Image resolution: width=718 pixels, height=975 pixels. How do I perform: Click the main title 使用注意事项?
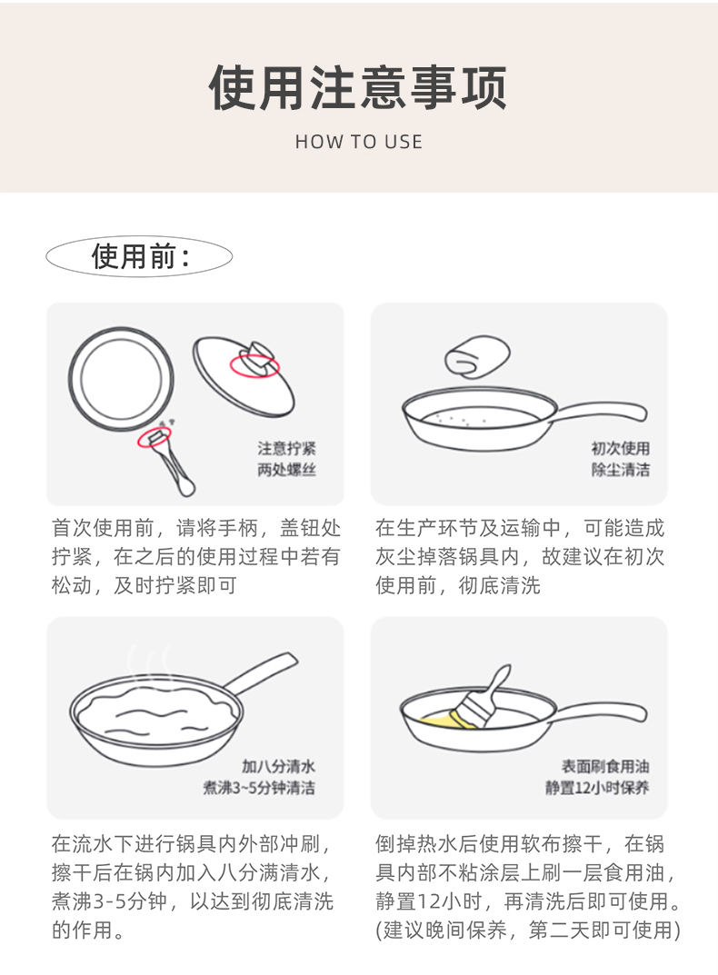pyautogui.click(x=358, y=87)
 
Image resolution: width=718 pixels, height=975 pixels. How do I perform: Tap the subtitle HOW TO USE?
pyautogui.click(x=359, y=142)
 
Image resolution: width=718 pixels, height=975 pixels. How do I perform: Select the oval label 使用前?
pyautogui.click(x=139, y=256)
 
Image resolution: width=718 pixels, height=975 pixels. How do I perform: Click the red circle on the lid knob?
pyautogui.click(x=254, y=364)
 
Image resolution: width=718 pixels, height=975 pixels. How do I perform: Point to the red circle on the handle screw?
pyautogui.click(x=155, y=437)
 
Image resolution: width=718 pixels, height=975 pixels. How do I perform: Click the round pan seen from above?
pyautogui.click(x=121, y=379)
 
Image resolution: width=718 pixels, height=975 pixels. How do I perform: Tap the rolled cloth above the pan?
pyautogui.click(x=477, y=357)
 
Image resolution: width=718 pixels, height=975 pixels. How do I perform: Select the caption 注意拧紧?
pyautogui.click(x=287, y=448)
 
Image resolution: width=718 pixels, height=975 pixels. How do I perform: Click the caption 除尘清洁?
pyautogui.click(x=621, y=470)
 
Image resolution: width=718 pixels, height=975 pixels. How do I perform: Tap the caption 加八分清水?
pyautogui.click(x=278, y=767)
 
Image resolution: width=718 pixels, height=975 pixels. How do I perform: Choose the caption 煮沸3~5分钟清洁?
pyautogui.click(x=259, y=788)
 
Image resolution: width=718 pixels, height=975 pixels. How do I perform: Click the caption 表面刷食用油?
pyautogui.click(x=605, y=767)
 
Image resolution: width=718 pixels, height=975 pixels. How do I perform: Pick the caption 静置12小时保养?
pyautogui.click(x=597, y=788)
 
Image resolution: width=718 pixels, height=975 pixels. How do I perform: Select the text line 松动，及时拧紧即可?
pyautogui.click(x=145, y=585)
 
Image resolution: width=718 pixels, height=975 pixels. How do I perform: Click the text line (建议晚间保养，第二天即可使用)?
pyautogui.click(x=528, y=930)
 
